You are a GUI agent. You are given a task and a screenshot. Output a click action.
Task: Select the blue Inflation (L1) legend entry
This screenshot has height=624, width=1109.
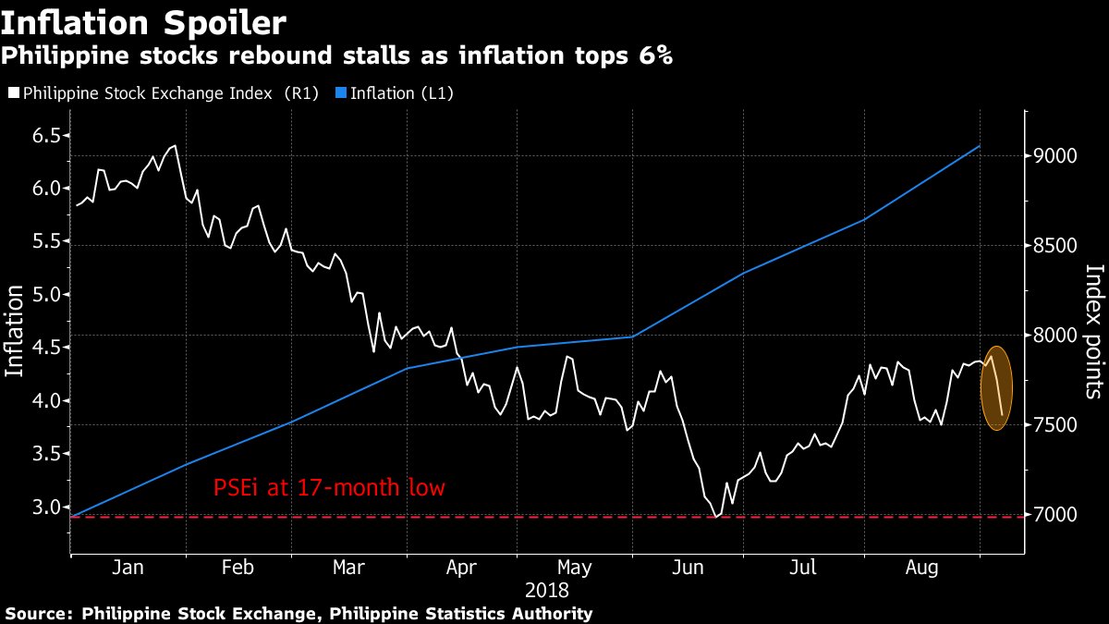tap(403, 93)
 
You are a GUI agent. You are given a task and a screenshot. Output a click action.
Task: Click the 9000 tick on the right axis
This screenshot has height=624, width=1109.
tap(1055, 155)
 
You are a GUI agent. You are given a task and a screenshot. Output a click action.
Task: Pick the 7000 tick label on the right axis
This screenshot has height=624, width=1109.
tap(1055, 514)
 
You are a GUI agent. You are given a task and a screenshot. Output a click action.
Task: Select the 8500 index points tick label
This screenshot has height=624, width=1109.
tap(1055, 246)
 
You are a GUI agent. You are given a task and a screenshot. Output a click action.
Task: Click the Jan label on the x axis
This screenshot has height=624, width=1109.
tap(128, 568)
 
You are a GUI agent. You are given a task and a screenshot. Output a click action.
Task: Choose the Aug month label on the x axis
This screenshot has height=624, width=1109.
tap(922, 568)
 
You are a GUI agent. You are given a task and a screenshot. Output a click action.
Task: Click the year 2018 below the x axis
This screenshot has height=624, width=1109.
tap(546, 589)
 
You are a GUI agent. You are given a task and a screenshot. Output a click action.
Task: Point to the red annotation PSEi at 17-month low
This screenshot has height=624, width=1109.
tap(329, 487)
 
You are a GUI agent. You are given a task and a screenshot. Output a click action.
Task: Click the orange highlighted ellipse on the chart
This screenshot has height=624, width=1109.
tap(996, 388)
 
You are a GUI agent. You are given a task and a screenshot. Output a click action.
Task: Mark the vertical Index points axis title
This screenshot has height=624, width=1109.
tap(1093, 331)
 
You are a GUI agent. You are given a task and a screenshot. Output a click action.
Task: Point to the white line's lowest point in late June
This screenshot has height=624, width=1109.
tap(715, 518)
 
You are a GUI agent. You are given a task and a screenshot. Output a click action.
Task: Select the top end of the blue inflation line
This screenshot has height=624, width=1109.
tap(980, 146)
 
